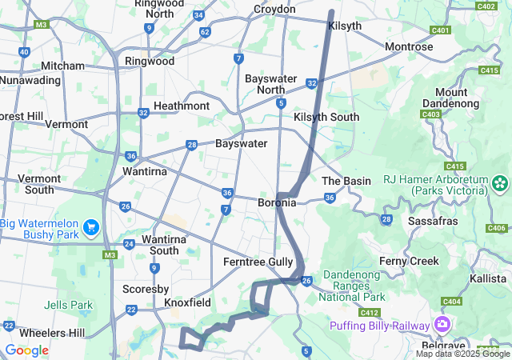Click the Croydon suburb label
point(274,9)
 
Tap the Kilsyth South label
point(326,117)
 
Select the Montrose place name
point(409,47)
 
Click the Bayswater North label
point(270,84)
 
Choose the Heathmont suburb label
point(182,106)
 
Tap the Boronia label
point(277,203)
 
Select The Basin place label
point(346,181)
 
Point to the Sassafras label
point(432,220)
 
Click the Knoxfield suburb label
point(187,303)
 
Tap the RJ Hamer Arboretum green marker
point(501,184)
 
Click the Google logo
point(27,350)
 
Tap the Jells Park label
point(70,305)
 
